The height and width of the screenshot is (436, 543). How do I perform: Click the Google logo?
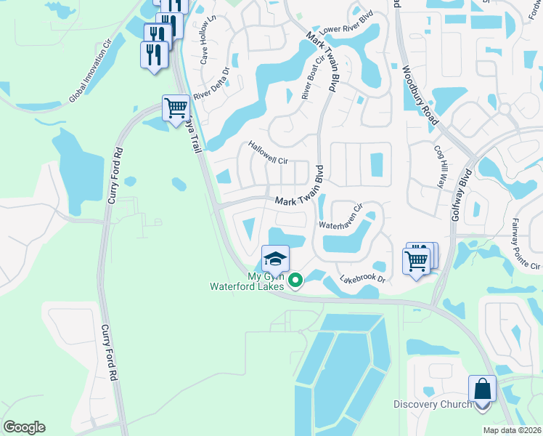click(24, 427)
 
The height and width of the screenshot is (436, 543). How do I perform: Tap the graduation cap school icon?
click(275, 258)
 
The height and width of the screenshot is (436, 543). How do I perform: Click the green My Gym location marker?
click(295, 280)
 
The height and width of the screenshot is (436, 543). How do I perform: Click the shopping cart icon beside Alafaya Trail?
click(176, 109)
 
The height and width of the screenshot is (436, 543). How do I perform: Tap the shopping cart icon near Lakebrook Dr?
click(417, 259)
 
